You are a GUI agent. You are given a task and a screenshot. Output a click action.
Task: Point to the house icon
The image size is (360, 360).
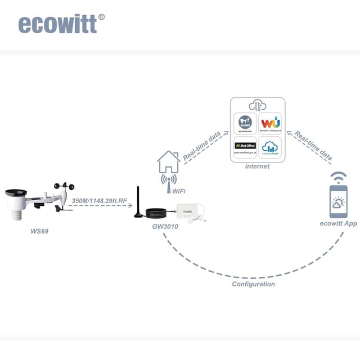(169, 162)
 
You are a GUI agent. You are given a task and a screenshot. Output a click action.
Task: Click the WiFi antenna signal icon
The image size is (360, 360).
(168, 179)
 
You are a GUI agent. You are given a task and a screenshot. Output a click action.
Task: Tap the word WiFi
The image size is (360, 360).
(179, 191)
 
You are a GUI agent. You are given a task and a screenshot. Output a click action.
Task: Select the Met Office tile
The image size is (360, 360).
(245, 148)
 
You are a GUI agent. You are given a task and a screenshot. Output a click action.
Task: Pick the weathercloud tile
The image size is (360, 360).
(271, 148)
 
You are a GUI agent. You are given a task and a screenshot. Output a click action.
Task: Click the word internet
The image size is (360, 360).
(258, 166)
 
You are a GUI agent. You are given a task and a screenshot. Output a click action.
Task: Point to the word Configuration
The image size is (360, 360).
(254, 284)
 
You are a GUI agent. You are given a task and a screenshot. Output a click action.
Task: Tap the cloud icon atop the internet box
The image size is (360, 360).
(258, 106)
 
